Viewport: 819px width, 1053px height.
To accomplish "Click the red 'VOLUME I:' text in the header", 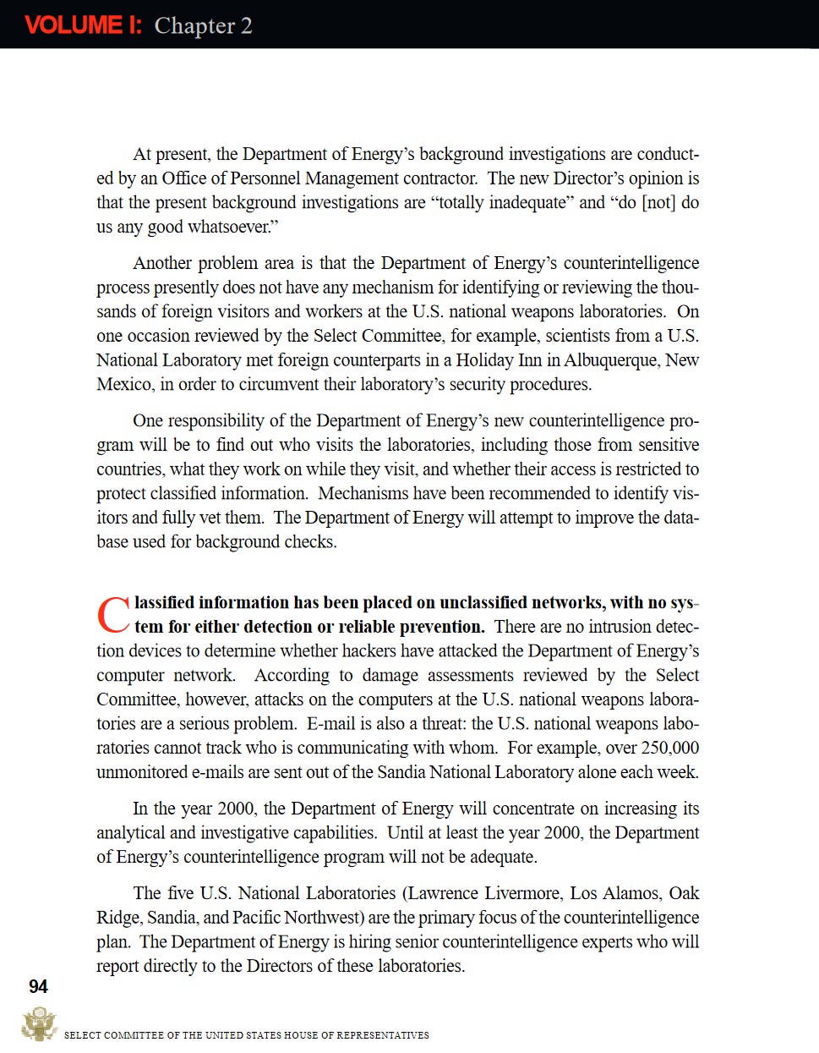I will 84,25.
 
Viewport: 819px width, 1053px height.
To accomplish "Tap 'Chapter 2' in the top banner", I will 203,25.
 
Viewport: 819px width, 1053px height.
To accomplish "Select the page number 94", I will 38,986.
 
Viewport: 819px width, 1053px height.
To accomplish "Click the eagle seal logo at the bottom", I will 38,1024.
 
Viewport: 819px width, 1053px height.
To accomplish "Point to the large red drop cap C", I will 113,615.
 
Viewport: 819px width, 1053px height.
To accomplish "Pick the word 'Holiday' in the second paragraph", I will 484,360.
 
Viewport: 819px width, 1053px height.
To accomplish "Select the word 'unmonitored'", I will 143,772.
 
